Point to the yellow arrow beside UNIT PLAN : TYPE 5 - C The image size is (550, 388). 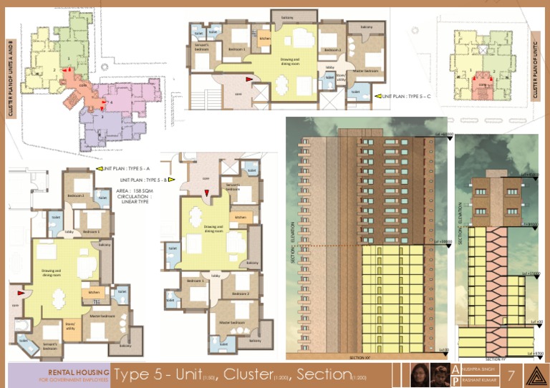coord(377,95)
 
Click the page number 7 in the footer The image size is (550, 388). coord(511,375)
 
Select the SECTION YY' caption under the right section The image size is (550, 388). coord(494,359)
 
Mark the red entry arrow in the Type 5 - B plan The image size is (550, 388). coord(206,193)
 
